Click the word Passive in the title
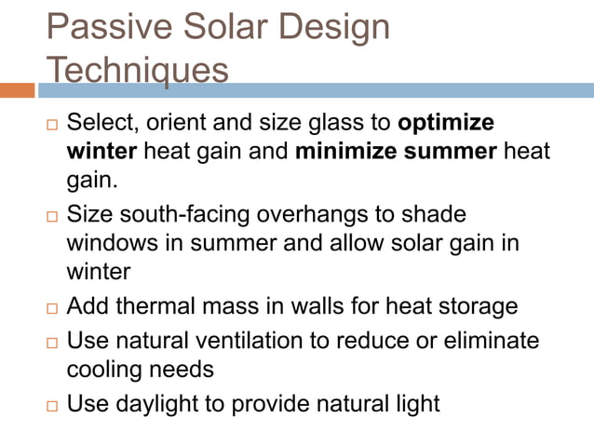pyautogui.click(x=105, y=27)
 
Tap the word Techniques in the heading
pyautogui.click(x=137, y=70)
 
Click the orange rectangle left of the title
pyautogui.click(x=17, y=90)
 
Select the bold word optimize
pyautogui.click(x=446, y=124)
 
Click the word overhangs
pyautogui.click(x=314, y=215)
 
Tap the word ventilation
pyautogui.click(x=287, y=342)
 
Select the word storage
pyautogui.click(x=472, y=306)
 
